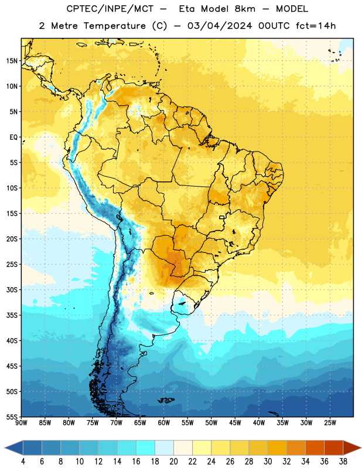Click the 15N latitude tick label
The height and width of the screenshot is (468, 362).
point(12,61)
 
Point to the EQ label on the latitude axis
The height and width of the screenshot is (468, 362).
point(13,137)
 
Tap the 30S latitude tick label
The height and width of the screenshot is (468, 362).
point(12,290)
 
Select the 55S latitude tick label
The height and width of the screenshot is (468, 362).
point(12,417)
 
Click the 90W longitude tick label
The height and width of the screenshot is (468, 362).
point(21,423)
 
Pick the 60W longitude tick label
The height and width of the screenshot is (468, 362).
point(164,423)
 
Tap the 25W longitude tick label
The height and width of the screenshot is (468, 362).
point(330,423)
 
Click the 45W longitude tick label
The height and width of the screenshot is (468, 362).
point(235,423)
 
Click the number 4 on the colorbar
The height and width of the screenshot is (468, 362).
point(23,462)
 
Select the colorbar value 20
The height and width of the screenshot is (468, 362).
point(173,462)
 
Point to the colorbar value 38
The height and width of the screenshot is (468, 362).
point(343,462)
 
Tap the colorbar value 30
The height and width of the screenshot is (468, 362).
point(268,462)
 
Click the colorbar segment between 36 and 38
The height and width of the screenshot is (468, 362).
point(334,448)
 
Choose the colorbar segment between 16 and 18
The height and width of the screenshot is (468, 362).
point(146,448)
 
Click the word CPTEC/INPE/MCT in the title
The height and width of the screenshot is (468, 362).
point(110,9)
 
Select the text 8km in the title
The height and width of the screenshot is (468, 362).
point(245,9)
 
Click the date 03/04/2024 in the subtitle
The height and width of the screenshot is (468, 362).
point(220,26)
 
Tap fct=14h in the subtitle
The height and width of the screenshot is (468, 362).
point(316,26)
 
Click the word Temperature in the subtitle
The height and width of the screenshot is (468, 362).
point(114,26)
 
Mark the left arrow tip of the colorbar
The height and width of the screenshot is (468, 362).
point(5,448)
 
